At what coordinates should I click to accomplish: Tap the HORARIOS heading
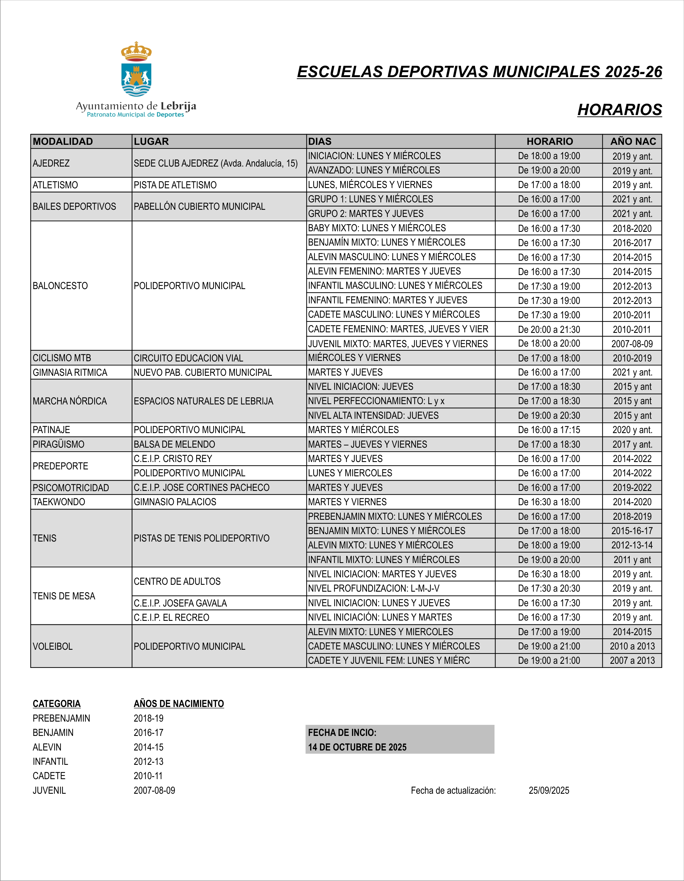tap(620, 110)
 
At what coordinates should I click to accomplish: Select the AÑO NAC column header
tap(633, 142)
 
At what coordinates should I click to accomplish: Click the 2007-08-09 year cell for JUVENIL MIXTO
tap(632, 344)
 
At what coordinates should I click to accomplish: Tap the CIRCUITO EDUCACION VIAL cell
tap(188, 358)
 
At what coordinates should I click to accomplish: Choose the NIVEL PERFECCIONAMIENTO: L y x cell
tap(376, 401)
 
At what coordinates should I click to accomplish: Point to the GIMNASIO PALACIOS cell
tap(175, 502)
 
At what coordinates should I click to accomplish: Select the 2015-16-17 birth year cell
tap(632, 531)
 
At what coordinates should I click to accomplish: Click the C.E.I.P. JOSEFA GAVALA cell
tap(180, 603)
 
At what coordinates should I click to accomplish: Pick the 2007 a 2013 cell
tap(632, 661)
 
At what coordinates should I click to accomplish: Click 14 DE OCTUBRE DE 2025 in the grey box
tap(357, 747)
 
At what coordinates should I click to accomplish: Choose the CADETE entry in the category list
tap(49, 776)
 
